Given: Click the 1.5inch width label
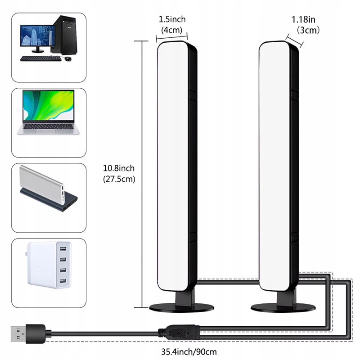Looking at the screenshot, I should tap(172, 19).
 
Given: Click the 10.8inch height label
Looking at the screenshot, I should tap(119, 168).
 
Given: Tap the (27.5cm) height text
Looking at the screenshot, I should tap(119, 179).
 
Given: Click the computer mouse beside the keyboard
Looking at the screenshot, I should tap(67, 59).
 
